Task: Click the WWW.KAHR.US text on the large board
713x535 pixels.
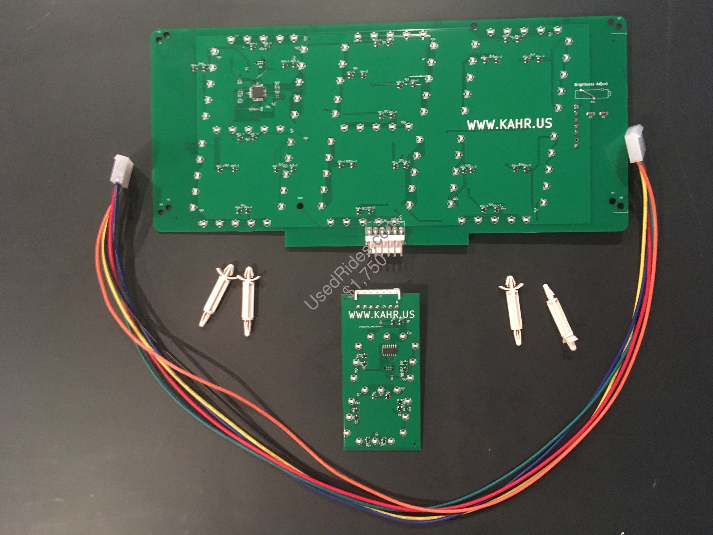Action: (509, 124)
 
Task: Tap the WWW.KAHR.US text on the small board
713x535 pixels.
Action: (381, 314)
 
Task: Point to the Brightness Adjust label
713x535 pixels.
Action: (591, 84)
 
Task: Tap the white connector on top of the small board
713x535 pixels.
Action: (378, 294)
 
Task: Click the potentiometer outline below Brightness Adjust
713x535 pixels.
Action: (591, 94)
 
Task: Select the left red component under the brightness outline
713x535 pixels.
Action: (590, 114)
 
